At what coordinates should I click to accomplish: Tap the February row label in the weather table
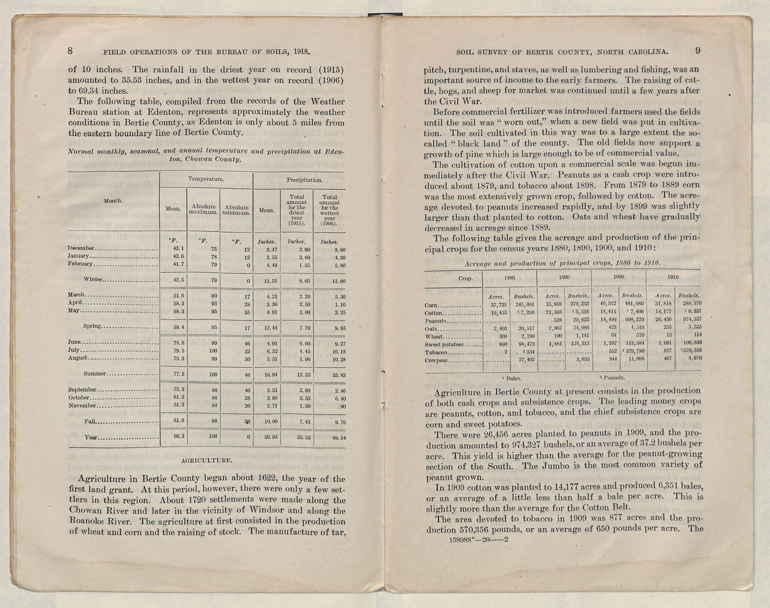coord(80,264)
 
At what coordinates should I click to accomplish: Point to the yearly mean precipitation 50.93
coord(271,438)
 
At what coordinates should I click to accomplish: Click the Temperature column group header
coord(206,179)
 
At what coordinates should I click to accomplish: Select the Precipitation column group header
coord(305,180)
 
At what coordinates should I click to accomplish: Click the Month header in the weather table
coord(114,201)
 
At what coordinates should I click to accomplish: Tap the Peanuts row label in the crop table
coord(435,321)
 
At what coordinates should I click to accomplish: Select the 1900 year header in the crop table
coord(619,277)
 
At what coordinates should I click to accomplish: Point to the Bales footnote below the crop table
coord(512,379)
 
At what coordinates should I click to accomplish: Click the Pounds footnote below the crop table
coord(613,378)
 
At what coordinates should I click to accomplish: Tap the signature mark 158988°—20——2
coord(479,540)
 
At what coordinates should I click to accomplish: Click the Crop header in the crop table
coord(465,279)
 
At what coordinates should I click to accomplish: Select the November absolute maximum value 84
coord(214,406)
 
